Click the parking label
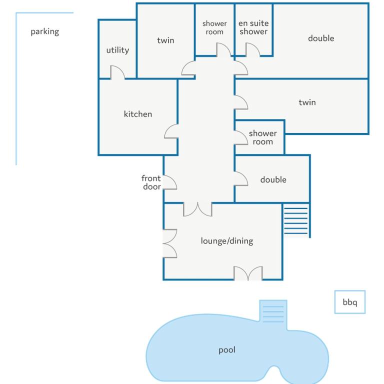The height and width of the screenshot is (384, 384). pos(45,32)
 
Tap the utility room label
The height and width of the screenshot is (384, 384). pos(117,50)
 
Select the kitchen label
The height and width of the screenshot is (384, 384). pos(138,114)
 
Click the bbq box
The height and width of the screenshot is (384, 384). pos(349,302)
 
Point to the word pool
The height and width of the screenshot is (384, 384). pos(227,350)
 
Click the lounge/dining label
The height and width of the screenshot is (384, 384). pos(227,241)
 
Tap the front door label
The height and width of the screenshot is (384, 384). pos(151,182)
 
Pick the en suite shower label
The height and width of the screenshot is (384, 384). pos(253,27)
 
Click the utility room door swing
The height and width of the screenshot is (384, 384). pos(117,72)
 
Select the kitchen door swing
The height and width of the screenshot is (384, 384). pos(171,131)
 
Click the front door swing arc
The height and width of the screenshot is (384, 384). pos(169,182)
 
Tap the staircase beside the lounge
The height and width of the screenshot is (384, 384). pos(295,220)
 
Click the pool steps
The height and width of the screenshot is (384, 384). pos(273,314)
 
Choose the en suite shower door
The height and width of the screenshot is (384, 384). pos(252,49)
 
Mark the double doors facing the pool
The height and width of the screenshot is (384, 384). pos(248,273)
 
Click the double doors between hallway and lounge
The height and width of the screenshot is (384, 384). pos(197,209)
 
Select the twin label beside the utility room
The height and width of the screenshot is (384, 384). pos(165,40)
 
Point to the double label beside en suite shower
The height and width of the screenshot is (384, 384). pos(321,38)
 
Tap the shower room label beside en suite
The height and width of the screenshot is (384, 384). pos(214,27)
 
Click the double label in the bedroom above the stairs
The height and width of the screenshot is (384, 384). pos(273,180)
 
